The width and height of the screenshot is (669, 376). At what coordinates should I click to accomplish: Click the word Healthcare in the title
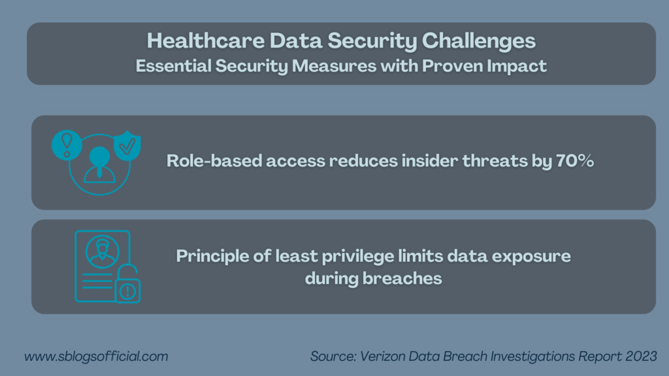tap(206, 41)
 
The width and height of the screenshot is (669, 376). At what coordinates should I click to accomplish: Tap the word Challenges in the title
tap(479, 42)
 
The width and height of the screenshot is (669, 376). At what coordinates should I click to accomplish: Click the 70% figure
tap(575, 161)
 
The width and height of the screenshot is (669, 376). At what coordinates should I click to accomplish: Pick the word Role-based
tap(214, 161)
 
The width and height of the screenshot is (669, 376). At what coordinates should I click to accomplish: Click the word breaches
tap(402, 279)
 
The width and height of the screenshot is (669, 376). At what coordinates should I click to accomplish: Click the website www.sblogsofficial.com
tap(96, 356)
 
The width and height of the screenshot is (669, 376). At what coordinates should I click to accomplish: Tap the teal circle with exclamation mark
tap(67, 145)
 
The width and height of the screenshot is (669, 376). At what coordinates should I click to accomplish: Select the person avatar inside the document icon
tap(102, 251)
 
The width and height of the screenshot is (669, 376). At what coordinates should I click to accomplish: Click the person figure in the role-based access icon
tap(99, 165)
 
